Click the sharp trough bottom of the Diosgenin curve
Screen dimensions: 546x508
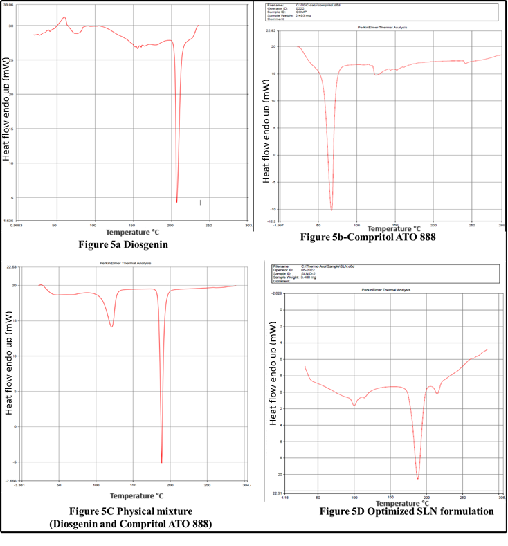(177, 202)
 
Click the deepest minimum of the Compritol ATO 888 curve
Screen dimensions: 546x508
(332, 210)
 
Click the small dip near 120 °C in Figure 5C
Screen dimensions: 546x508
(111, 327)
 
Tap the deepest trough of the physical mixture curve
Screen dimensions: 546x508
(162, 462)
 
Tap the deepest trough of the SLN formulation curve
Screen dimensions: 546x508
(418, 478)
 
